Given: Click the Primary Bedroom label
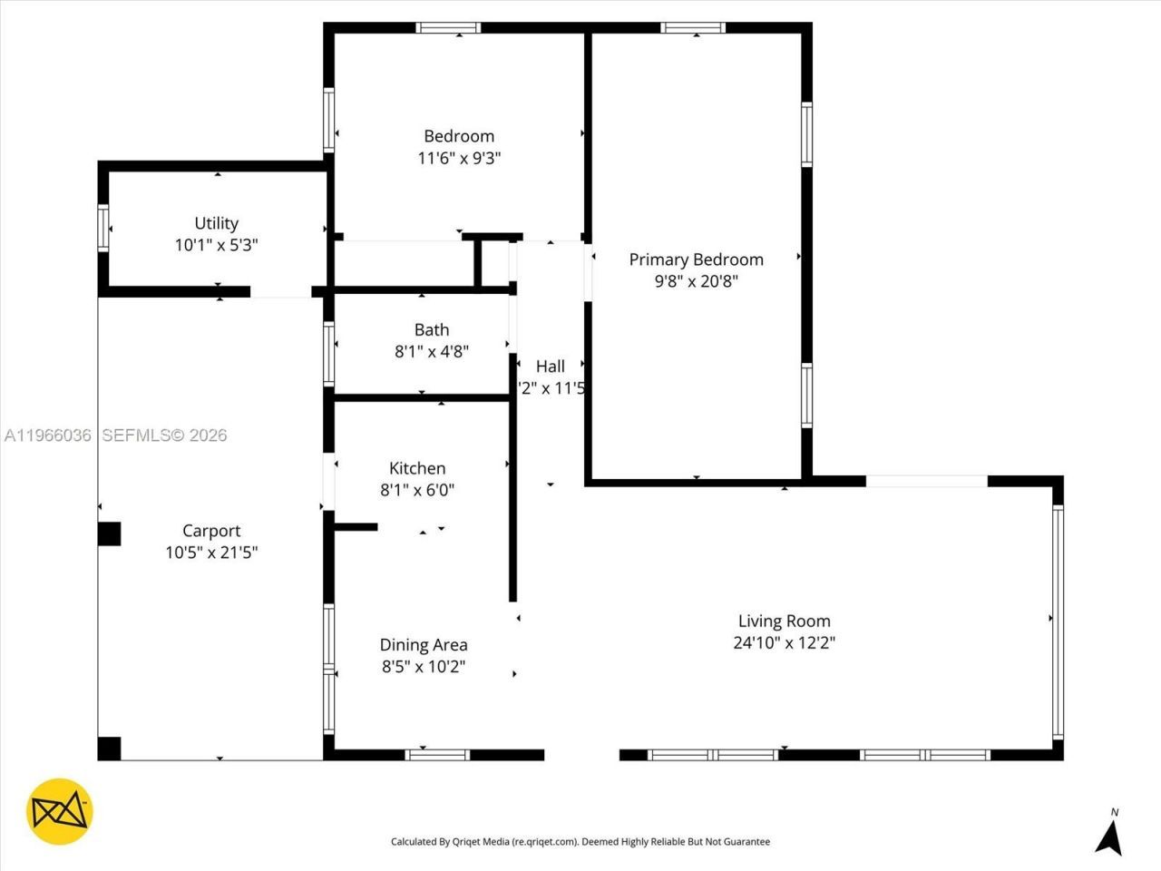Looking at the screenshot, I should pyautogui.click(x=696, y=259).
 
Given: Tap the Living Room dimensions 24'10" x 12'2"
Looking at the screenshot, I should pyautogui.click(x=784, y=643).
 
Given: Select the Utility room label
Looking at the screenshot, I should pyautogui.click(x=216, y=223).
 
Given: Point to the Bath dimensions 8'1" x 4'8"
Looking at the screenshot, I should pyautogui.click(x=431, y=352).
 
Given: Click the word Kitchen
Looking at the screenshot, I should pyautogui.click(x=417, y=468).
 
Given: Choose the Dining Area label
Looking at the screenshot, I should pyautogui.click(x=424, y=645).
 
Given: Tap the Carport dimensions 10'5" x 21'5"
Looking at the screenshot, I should pyautogui.click(x=211, y=553).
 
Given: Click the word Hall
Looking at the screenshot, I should pyautogui.click(x=550, y=367).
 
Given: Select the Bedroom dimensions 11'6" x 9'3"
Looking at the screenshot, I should pyautogui.click(x=459, y=158).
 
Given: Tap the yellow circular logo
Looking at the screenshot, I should pyautogui.click(x=59, y=811).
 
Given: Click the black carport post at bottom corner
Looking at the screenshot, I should pyautogui.click(x=109, y=749).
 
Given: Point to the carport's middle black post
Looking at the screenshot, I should pyautogui.click(x=109, y=533).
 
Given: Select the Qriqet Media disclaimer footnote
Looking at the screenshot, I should pyautogui.click(x=580, y=842).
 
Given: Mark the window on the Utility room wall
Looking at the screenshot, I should pyautogui.click(x=103, y=228).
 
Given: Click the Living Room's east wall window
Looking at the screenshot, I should pyautogui.click(x=1058, y=621).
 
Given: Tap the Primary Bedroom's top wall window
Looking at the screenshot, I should pyautogui.click(x=693, y=28).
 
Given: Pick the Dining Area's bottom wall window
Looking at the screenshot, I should pyautogui.click(x=437, y=754).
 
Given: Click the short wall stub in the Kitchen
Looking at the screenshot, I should pyautogui.click(x=356, y=526).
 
